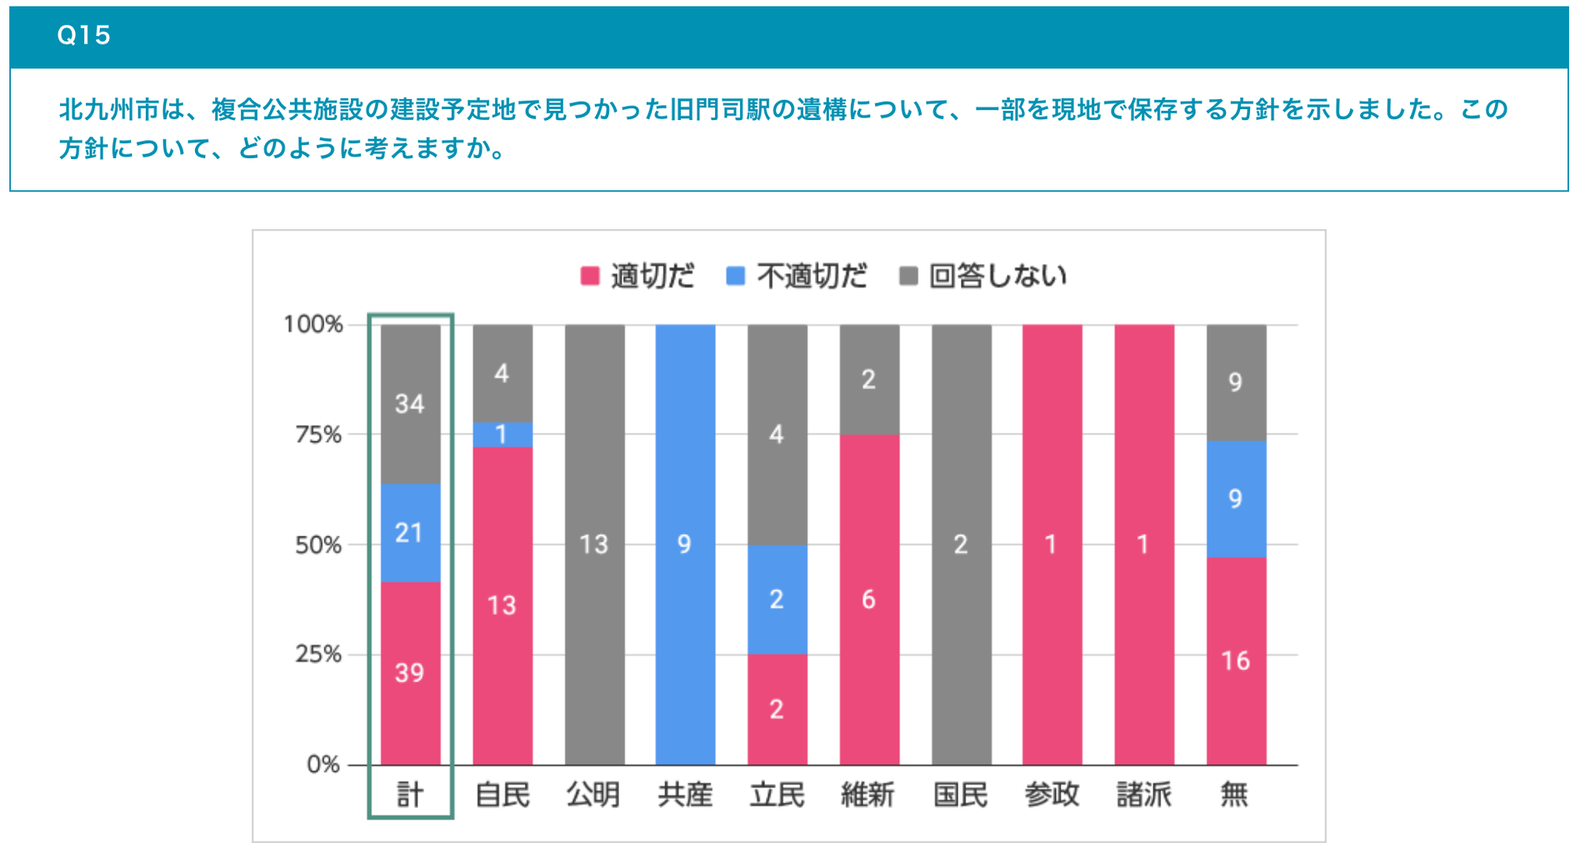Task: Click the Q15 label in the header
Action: pyautogui.click(x=83, y=35)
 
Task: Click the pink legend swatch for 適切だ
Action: pyautogui.click(x=590, y=276)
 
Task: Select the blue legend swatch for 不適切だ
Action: pyautogui.click(x=735, y=276)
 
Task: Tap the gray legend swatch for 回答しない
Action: pyautogui.click(x=908, y=276)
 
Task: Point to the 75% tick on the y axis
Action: pyautogui.click(x=318, y=435)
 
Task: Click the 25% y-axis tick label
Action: pyautogui.click(x=318, y=655)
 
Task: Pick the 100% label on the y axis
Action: pyautogui.click(x=313, y=324)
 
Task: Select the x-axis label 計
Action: pyautogui.click(x=410, y=795)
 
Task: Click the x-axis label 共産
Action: pyautogui.click(x=685, y=795)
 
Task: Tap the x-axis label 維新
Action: pyautogui.click(x=868, y=795)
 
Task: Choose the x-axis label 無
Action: pyautogui.click(x=1235, y=795)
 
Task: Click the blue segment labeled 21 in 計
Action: pyautogui.click(x=410, y=533)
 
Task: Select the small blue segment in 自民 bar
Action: pyautogui.click(x=502, y=435)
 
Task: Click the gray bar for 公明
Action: pyautogui.click(x=594, y=545)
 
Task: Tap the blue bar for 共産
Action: pyautogui.click(x=685, y=545)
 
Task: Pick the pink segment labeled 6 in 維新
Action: pyautogui.click(x=869, y=599)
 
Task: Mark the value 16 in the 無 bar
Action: pyautogui.click(x=1235, y=661)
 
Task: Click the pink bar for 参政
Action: pyautogui.click(x=1052, y=545)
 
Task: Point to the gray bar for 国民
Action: pyautogui.click(x=961, y=545)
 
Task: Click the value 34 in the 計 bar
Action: pyautogui.click(x=410, y=405)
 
